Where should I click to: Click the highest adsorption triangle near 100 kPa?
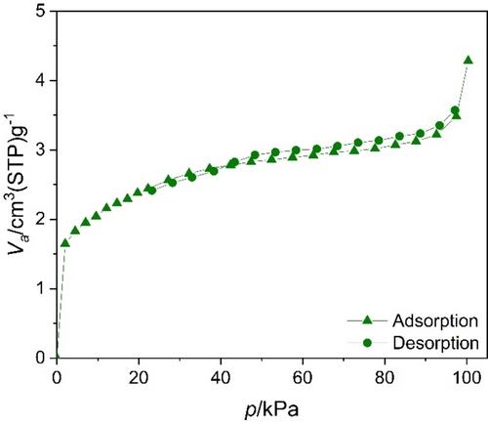468,61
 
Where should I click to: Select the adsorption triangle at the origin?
58,357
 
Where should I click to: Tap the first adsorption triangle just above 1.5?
65,243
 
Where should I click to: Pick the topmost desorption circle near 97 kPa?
455,110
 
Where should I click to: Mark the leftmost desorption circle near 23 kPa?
151,191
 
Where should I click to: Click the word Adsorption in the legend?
435,321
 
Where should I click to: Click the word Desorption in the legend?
436,343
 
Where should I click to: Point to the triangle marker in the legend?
367,320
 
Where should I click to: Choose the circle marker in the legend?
367,343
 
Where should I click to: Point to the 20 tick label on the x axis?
139,378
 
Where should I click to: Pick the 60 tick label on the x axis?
303,378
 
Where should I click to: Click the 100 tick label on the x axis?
467,378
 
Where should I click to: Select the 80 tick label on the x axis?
385,378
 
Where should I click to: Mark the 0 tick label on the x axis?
58,378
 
